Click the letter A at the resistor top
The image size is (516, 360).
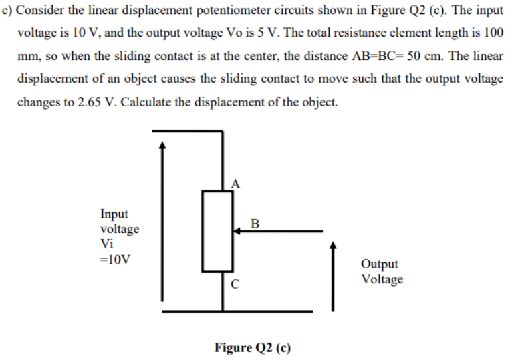tap(235, 183)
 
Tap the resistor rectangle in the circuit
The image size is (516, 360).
tap(217, 231)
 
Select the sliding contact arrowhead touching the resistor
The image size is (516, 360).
tap(237, 231)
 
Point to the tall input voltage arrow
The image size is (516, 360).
tap(161, 220)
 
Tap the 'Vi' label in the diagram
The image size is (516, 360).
tap(107, 244)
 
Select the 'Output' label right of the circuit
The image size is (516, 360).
tap(379, 264)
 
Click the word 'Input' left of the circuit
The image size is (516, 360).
tap(114, 214)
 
